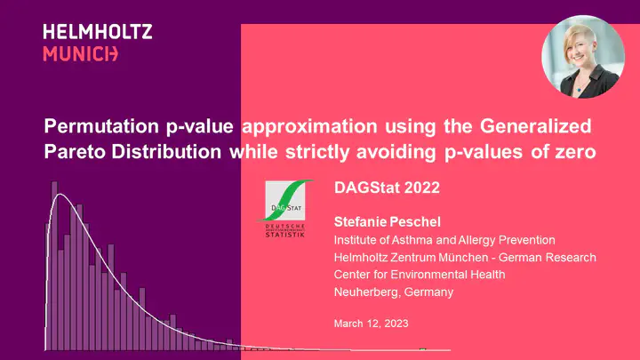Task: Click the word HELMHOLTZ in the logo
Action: (x=98, y=32)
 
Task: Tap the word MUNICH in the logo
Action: (x=80, y=54)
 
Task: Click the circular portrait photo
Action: (x=583, y=57)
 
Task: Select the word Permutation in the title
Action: (x=100, y=126)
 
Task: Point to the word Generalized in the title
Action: (x=535, y=125)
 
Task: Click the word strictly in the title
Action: (x=317, y=152)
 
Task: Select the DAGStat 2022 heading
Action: (x=387, y=188)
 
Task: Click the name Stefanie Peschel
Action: (x=388, y=221)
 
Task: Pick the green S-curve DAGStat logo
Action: (x=285, y=200)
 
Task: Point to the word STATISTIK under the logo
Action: (x=285, y=235)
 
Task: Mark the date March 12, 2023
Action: (x=371, y=324)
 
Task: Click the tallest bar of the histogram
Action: (x=54, y=266)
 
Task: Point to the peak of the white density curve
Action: (x=60, y=195)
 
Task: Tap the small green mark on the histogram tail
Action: (x=423, y=349)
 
